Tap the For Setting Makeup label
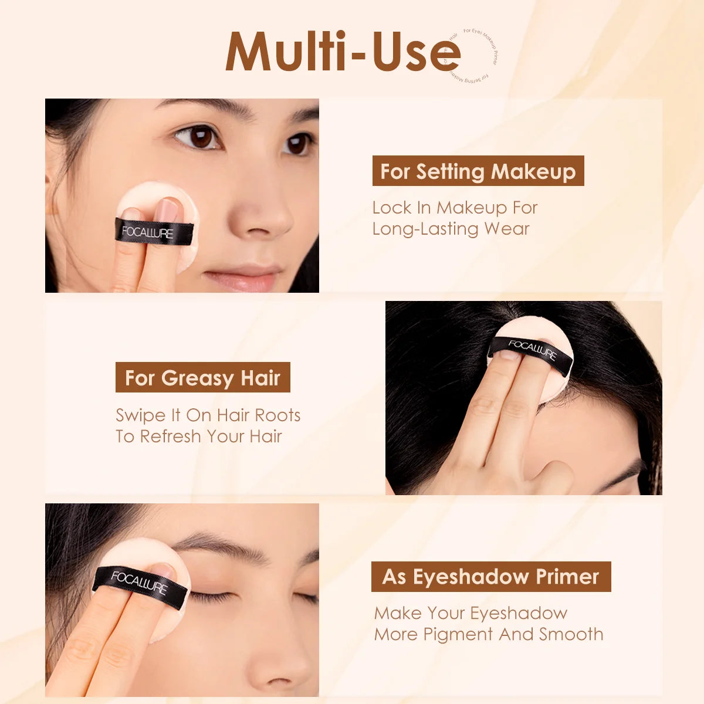(478, 171)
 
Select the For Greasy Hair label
(203, 378)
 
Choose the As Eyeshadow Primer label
(491, 577)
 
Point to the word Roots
(278, 415)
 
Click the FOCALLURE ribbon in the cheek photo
(154, 232)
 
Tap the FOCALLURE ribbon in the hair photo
(531, 351)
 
